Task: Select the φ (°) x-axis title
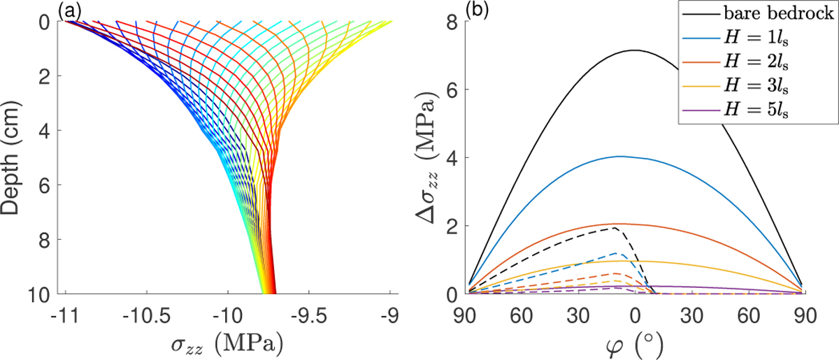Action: pyautogui.click(x=635, y=344)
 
